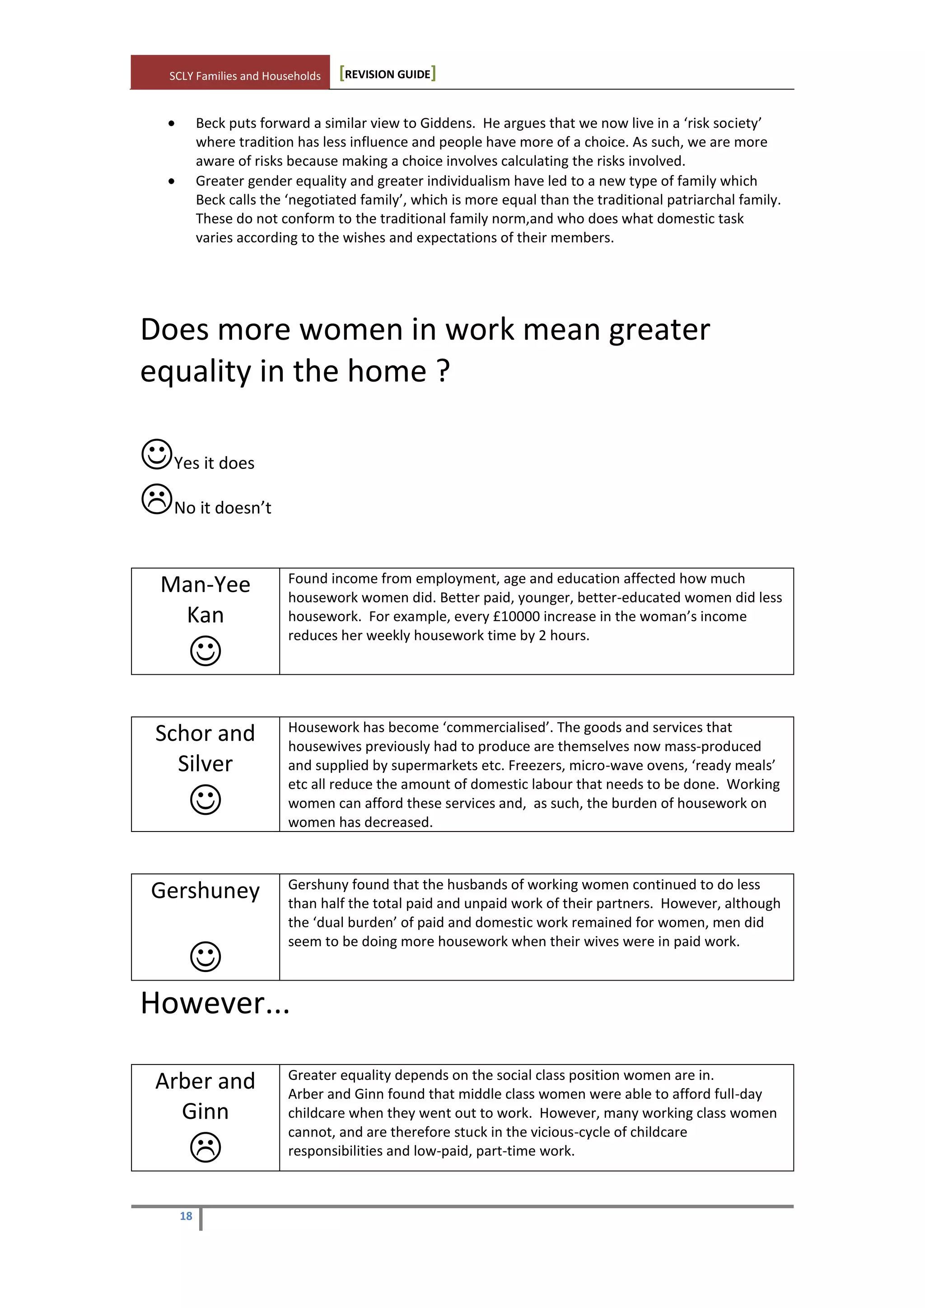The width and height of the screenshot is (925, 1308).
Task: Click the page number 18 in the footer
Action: pyautogui.click(x=186, y=1216)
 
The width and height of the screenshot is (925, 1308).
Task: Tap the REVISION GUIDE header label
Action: pyautogui.click(x=388, y=74)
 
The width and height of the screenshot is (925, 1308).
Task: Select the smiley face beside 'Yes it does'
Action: pyautogui.click(x=157, y=454)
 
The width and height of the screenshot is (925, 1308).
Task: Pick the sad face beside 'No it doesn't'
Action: pyautogui.click(x=157, y=499)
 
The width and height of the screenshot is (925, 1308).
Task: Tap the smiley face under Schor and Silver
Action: pyautogui.click(x=205, y=799)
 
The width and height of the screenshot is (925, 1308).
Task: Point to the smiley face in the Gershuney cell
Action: pyautogui.click(x=205, y=956)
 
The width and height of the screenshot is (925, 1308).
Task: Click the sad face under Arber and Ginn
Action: pyautogui.click(x=205, y=1147)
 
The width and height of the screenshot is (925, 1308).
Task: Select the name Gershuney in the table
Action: pyautogui.click(x=205, y=890)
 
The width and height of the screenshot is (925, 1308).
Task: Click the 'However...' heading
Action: pyautogui.click(x=215, y=1003)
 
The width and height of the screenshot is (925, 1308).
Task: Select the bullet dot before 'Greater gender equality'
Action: pyautogui.click(x=172, y=181)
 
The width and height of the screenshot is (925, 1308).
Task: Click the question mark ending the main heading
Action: pyautogui.click(x=443, y=371)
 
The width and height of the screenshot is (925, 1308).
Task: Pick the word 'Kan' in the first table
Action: pyautogui.click(x=205, y=615)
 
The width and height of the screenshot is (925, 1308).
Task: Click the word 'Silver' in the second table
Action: pyautogui.click(x=205, y=763)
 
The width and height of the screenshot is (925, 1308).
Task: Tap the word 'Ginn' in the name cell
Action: pyautogui.click(x=205, y=1112)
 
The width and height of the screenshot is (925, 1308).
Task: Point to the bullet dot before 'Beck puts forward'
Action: pyautogui.click(x=172, y=124)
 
